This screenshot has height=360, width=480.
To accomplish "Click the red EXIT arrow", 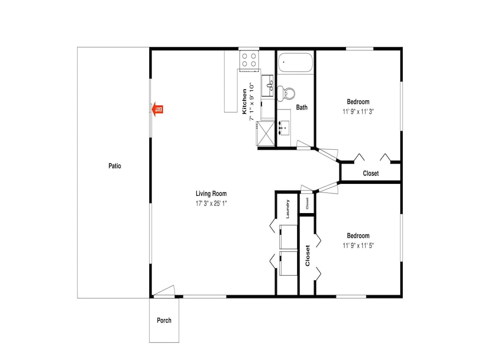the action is [157, 109].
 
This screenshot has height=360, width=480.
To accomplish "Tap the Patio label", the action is [115, 166].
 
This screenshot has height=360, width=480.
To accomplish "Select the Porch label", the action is [164, 321].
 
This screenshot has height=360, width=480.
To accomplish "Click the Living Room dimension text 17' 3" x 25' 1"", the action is [211, 204].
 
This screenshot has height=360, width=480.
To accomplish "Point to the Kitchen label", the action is [244, 101].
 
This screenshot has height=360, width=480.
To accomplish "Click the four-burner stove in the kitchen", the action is [249, 60].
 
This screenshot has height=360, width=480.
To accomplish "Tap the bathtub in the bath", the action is [295, 63].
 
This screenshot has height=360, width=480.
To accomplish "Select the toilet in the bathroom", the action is [286, 93].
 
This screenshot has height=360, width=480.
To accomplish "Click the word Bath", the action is [302, 108].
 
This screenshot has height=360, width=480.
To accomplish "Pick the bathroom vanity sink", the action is [284, 128].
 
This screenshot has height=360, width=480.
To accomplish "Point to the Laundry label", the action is [288, 209].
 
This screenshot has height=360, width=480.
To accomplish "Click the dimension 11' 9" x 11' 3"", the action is [358, 112].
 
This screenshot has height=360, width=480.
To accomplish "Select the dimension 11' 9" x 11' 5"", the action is [358, 245].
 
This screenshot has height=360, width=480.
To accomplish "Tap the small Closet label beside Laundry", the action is [307, 203].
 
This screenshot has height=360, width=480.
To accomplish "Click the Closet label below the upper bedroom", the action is [371, 173].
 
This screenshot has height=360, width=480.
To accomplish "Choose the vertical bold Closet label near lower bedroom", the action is [308, 256].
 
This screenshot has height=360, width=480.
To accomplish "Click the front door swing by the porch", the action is [164, 291].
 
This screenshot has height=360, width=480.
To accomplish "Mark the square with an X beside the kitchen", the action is [266, 133].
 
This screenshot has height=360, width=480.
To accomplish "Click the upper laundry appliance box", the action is [288, 237].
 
